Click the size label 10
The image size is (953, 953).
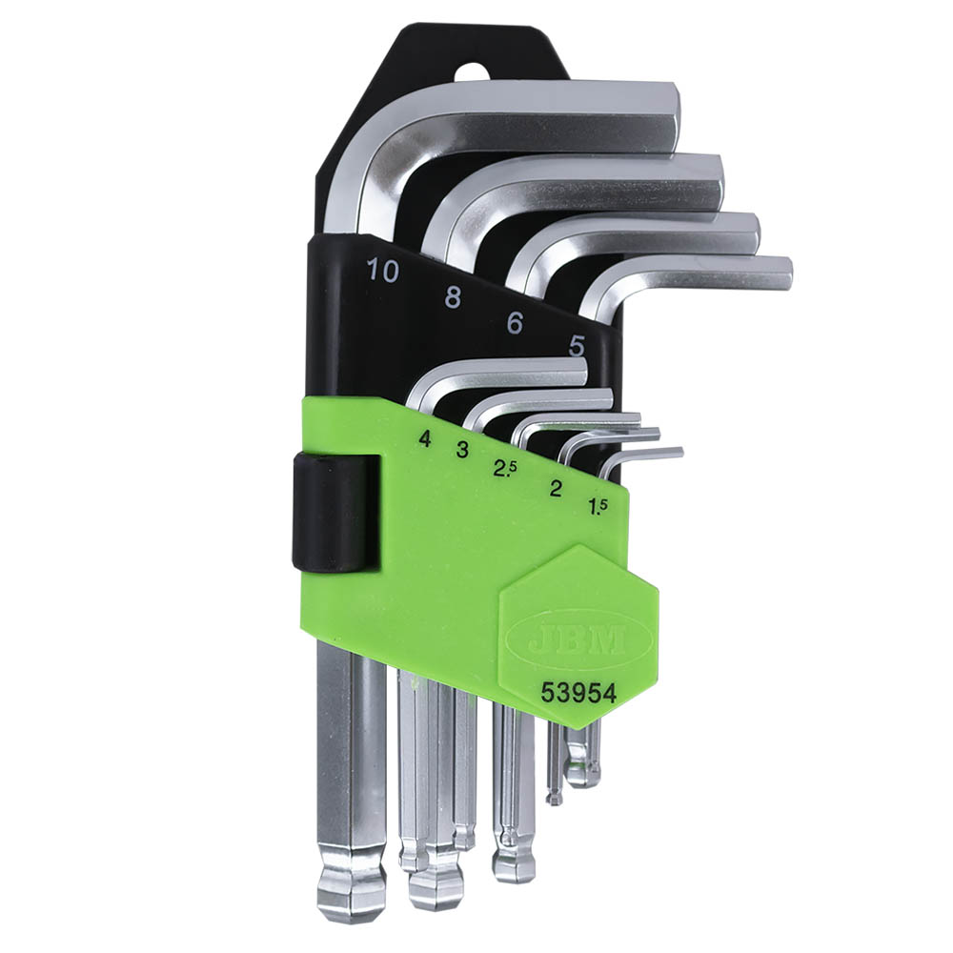pos(383,271)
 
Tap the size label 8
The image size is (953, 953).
pos(453,297)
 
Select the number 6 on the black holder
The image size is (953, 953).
pos(515,323)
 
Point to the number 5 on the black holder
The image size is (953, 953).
pos(577,347)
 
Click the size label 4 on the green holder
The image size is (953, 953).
pos(425,438)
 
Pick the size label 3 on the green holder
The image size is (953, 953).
pos(462,450)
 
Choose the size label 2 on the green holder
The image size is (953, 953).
pos(555,489)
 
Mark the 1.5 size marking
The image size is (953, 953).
pos(598,506)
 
